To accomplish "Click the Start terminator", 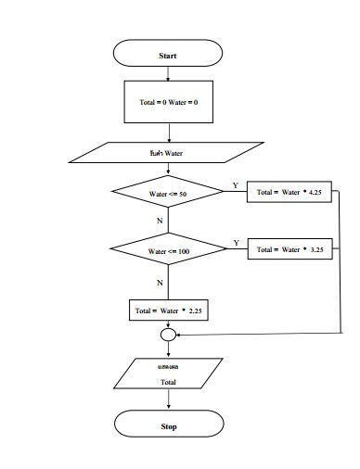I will click(x=168, y=56).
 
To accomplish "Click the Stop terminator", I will click(x=168, y=426).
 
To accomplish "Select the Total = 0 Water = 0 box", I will click(x=168, y=102).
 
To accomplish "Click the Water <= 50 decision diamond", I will click(x=168, y=194).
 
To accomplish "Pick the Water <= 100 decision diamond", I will click(x=168, y=250).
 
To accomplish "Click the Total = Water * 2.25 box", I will click(x=168, y=311).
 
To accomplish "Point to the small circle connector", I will click(x=168, y=335).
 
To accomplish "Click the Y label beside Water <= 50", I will click(x=235, y=185).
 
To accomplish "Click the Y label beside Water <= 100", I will click(x=236, y=242).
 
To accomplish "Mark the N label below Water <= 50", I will click(x=160, y=222).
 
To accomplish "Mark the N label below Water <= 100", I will click(x=160, y=281).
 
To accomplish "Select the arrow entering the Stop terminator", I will click(x=168, y=401).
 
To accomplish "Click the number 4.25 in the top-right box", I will click(x=316, y=194).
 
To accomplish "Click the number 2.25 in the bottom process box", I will click(x=195, y=311).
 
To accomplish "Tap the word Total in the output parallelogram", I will click(x=168, y=381).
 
